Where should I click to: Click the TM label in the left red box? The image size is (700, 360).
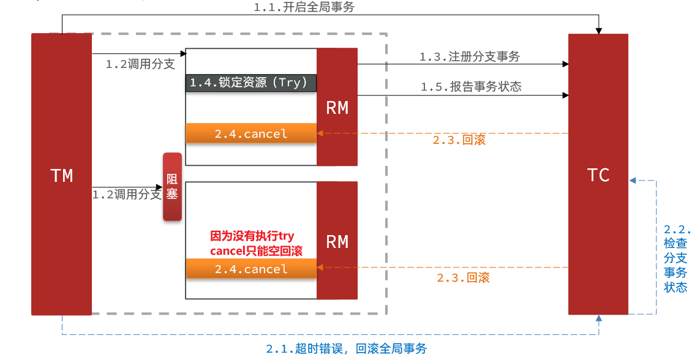click(x=61, y=176)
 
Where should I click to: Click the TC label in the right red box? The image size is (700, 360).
click(x=598, y=175)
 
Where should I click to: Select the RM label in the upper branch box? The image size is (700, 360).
click(x=337, y=108)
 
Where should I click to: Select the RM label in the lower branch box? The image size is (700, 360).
click(x=337, y=242)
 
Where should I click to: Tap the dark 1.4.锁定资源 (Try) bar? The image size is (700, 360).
click(x=250, y=83)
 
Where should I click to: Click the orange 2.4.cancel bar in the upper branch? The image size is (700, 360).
click(x=250, y=133)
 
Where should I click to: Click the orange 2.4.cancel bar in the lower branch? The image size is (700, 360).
click(x=250, y=269)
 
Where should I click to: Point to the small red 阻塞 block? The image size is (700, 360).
click(x=172, y=187)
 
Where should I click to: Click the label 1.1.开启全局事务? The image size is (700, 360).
click(x=304, y=7)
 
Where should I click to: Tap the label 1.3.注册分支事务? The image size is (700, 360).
click(x=469, y=56)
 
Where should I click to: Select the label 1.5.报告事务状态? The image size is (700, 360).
click(x=470, y=86)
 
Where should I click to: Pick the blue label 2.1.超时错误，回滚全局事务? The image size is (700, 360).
click(x=346, y=348)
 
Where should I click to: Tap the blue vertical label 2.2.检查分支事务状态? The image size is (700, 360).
click(x=676, y=258)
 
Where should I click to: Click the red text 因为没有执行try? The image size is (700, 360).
click(x=252, y=236)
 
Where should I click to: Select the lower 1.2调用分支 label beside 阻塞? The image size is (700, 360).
click(x=127, y=195)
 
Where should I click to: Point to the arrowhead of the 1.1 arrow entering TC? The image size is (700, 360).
click(x=598, y=30)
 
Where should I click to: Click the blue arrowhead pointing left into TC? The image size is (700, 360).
click(x=633, y=181)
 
